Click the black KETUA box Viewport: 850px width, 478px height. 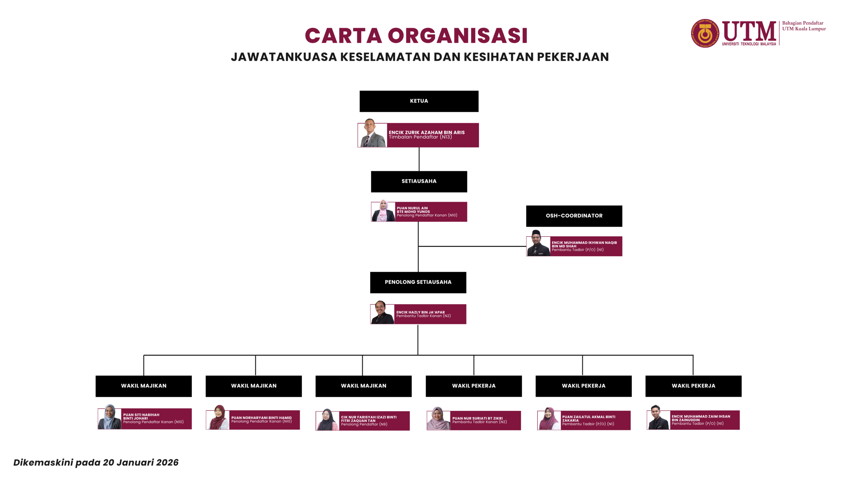pos(419,101)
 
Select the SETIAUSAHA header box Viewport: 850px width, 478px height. pos(419,182)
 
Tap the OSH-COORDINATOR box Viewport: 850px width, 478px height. pos(574,216)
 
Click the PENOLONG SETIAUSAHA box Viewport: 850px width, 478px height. pos(418,282)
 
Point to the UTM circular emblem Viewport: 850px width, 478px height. pos(705,33)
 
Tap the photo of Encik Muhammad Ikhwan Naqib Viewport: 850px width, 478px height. pos(538,244)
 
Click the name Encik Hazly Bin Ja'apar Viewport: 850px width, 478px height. pos(420,312)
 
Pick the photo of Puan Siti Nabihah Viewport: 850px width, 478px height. pos(110,417)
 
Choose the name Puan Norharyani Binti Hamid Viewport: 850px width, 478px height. pos(261,418)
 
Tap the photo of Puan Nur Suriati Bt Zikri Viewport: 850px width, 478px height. pos(438,419)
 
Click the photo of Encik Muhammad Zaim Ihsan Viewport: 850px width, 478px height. pos(658,418)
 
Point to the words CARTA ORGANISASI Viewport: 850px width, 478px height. pos(416,36)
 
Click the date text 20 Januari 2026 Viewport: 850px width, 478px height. pos(140,462)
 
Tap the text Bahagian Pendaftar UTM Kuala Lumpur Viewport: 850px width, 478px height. pos(804,26)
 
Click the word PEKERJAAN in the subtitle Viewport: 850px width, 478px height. pos(573,57)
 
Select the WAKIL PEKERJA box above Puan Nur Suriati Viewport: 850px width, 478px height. pos(473,386)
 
